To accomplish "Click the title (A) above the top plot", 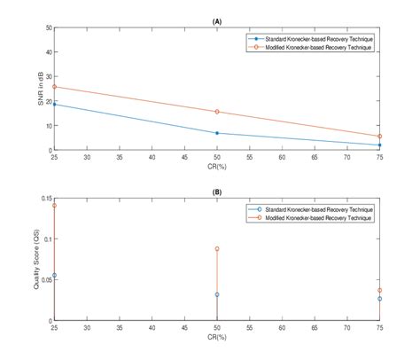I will click(x=217, y=20).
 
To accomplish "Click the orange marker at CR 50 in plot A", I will click(x=217, y=112).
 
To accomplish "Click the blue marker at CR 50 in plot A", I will click(x=217, y=133).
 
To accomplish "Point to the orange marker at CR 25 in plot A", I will click(x=54, y=87).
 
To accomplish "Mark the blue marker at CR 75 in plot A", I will click(x=379, y=145).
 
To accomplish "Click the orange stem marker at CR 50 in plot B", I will click(x=217, y=249).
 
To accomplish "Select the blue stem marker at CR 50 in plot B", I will click(x=217, y=294).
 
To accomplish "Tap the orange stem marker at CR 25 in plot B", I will click(x=54, y=206).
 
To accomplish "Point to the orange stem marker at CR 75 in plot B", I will click(x=379, y=290).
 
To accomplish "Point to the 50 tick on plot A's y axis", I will click(x=47, y=27).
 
